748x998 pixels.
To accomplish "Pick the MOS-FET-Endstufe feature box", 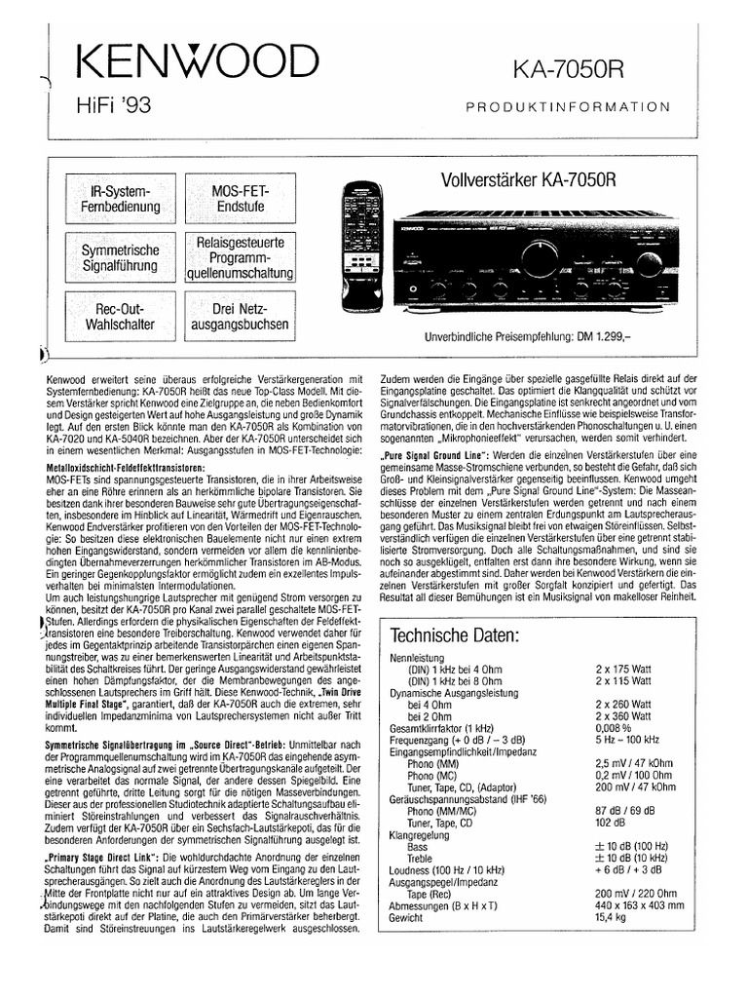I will coord(240,198).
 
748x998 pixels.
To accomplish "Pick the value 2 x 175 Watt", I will coord(624,670).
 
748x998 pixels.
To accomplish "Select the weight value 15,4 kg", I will coord(611,917).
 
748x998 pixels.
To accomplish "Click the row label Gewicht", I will coord(408,917).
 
